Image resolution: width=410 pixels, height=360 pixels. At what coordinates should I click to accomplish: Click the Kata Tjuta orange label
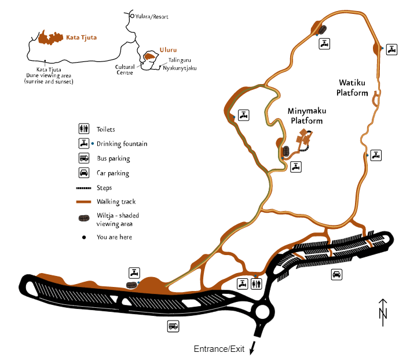(x=81, y=37)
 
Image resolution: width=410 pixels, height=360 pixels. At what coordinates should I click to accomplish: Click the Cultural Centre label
(x=125, y=69)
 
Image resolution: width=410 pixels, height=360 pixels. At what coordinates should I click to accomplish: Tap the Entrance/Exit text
(x=219, y=349)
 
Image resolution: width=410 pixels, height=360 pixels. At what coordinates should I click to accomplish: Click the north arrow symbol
(x=382, y=309)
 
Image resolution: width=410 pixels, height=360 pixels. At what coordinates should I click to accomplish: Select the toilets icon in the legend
(x=84, y=129)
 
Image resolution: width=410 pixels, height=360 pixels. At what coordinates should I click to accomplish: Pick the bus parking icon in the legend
(x=84, y=158)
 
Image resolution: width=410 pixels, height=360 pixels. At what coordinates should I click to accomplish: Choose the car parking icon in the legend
(x=84, y=173)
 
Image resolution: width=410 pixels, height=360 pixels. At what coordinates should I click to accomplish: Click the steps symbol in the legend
(x=84, y=188)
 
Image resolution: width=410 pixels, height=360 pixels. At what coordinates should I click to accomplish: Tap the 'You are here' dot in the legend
(x=84, y=237)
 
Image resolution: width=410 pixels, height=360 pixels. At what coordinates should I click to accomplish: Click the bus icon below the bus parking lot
(x=173, y=326)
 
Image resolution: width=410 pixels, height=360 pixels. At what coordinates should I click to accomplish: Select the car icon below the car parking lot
(x=336, y=274)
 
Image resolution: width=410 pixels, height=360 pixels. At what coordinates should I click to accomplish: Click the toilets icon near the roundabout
(x=257, y=283)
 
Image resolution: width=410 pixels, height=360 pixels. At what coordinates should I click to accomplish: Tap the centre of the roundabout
(x=263, y=312)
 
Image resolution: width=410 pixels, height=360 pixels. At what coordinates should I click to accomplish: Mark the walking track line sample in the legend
(x=84, y=202)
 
